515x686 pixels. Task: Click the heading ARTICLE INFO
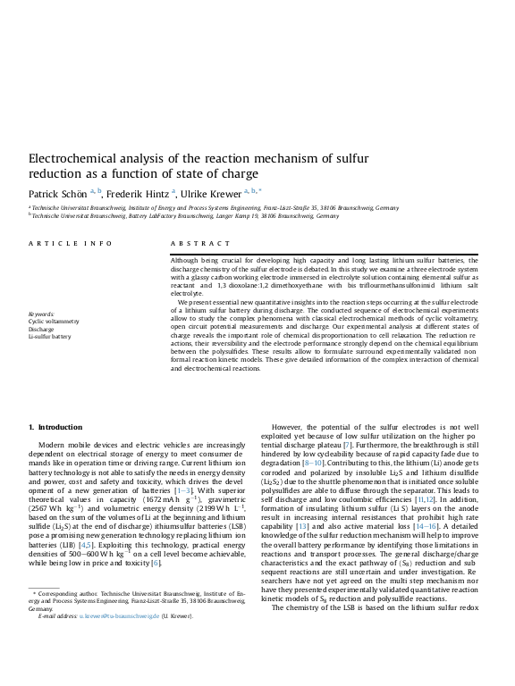[x=71, y=243]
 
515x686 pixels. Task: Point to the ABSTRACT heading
[x=194, y=243]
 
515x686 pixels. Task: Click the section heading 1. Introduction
[x=55, y=427]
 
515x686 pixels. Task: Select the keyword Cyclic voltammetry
[x=54, y=321]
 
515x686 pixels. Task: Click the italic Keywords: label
[x=41, y=314]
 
